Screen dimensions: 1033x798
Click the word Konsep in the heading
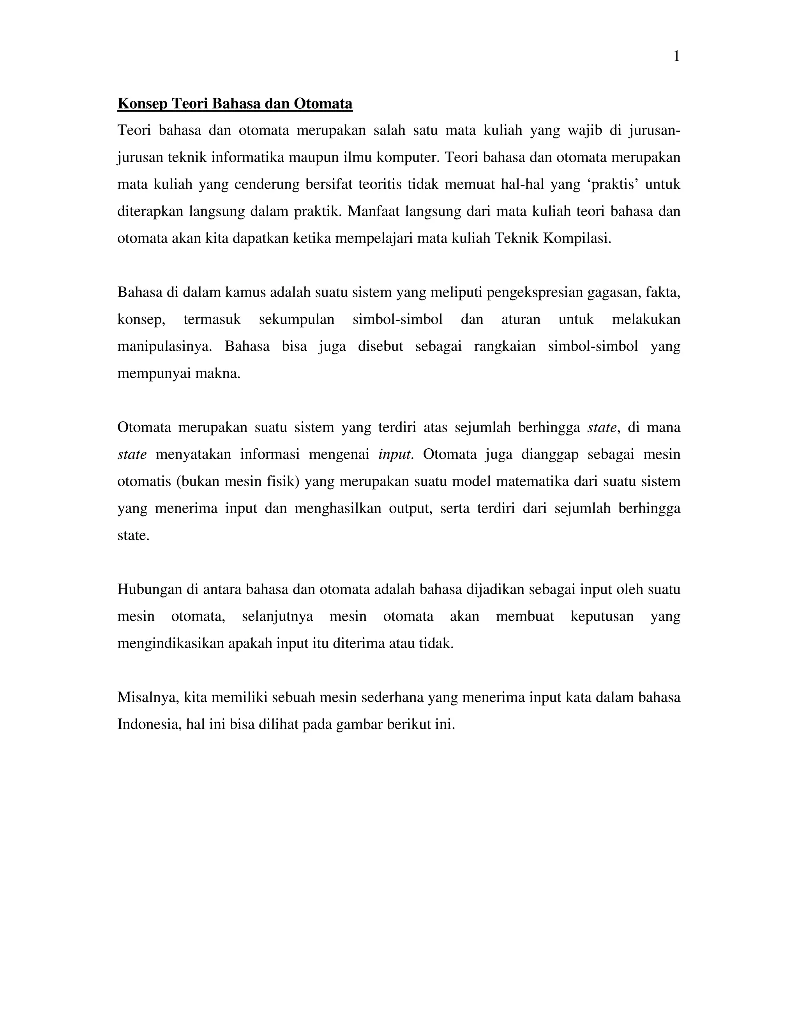point(142,104)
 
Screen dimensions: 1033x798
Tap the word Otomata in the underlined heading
point(323,104)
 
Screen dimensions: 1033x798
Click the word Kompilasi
point(577,238)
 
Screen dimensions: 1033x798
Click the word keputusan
point(602,616)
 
